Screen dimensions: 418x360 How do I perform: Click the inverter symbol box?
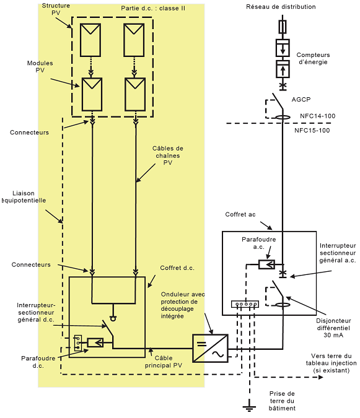pyautogui.click(x=210, y=348)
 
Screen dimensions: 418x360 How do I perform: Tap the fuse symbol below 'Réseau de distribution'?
pyautogui.click(x=283, y=26)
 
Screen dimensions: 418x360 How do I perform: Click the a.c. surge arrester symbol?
pyautogui.click(x=268, y=264)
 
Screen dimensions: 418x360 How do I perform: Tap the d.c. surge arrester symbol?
pyautogui.click(x=96, y=342)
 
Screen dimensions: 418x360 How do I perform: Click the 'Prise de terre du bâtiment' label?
pyautogui.click(x=283, y=401)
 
